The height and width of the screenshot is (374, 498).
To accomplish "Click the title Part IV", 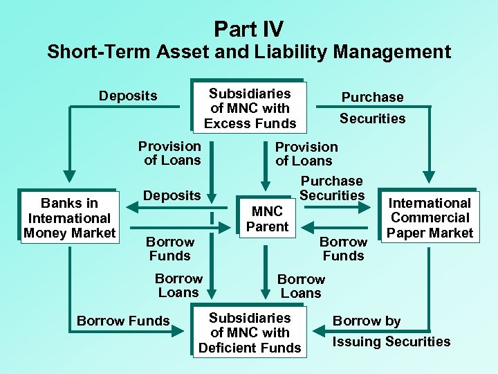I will (x=248, y=28).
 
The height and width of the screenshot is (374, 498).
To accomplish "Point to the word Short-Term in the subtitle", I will (x=96, y=52).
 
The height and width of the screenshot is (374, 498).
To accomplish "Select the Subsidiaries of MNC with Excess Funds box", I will (x=249, y=108).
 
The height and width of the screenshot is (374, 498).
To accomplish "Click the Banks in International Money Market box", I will (x=69, y=217).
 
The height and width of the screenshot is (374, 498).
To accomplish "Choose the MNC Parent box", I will (x=267, y=219).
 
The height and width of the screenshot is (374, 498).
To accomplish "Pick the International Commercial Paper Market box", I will (x=430, y=217).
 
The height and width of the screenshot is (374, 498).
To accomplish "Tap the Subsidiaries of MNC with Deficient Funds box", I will (x=250, y=332).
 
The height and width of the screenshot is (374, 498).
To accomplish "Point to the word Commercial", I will (x=430, y=217).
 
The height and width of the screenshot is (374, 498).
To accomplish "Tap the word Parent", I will (x=267, y=226).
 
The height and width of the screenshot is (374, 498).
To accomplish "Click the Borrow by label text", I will (x=367, y=321).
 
